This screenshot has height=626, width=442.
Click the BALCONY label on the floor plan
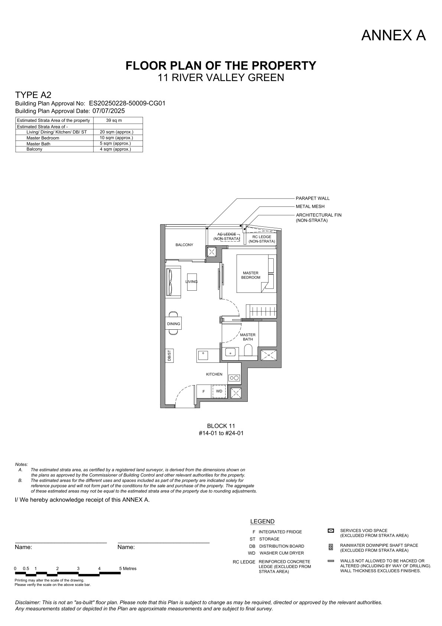[x=184, y=245]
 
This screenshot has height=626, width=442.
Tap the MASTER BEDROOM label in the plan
[x=251, y=275]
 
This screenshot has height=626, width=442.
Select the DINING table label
[x=173, y=324]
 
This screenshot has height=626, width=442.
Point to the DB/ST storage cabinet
[x=169, y=355]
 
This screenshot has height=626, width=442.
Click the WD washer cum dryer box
[x=219, y=391]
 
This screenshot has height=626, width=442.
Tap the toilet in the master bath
[x=248, y=350]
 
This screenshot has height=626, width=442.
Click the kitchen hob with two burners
[x=234, y=378]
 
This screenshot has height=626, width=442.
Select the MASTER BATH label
[x=248, y=337]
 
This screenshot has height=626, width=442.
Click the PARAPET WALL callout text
[x=313, y=199]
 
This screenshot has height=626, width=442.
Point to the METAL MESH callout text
[x=310, y=207]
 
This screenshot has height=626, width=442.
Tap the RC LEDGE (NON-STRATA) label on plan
[x=261, y=239]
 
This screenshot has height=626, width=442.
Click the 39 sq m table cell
[x=114, y=120]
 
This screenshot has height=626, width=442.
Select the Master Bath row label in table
[x=38, y=143]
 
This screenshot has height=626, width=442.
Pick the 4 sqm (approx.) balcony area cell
[x=115, y=149]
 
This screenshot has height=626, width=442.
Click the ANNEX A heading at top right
[x=393, y=35]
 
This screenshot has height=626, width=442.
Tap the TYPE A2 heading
[x=33, y=95]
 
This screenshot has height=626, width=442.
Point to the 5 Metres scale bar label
[x=128, y=568]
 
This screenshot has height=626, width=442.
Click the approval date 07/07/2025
[x=108, y=111]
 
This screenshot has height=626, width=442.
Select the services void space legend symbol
[x=331, y=531]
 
